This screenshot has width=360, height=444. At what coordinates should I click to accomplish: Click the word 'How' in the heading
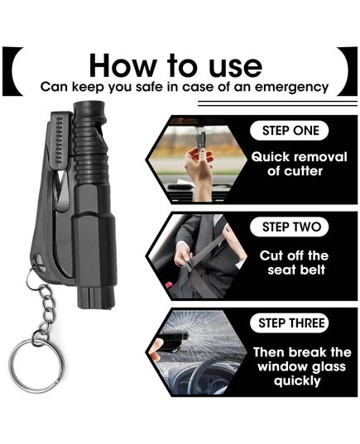pos(122,65)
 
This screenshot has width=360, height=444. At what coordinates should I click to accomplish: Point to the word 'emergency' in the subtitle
pos(291,87)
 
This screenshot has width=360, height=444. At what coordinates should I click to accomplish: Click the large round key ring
pos(36,365)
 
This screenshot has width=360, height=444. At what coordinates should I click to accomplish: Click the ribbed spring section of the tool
pos(91,150)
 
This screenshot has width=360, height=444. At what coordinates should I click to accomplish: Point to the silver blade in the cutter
pos(64,189)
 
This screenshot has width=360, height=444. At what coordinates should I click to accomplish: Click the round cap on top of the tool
pos(89,109)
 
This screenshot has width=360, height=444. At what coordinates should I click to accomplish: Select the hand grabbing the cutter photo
pos(197,160)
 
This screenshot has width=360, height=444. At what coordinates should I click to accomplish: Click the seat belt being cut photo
pos(196,255)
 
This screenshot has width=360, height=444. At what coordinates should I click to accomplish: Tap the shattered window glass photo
pos(196,352)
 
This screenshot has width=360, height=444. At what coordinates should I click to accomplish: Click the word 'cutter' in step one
pos(295,171)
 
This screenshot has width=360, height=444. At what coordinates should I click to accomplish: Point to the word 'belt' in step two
pos(313,270)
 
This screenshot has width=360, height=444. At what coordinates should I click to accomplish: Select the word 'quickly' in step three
pos(297,381)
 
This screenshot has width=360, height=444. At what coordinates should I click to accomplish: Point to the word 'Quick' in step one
pos(270,157)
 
